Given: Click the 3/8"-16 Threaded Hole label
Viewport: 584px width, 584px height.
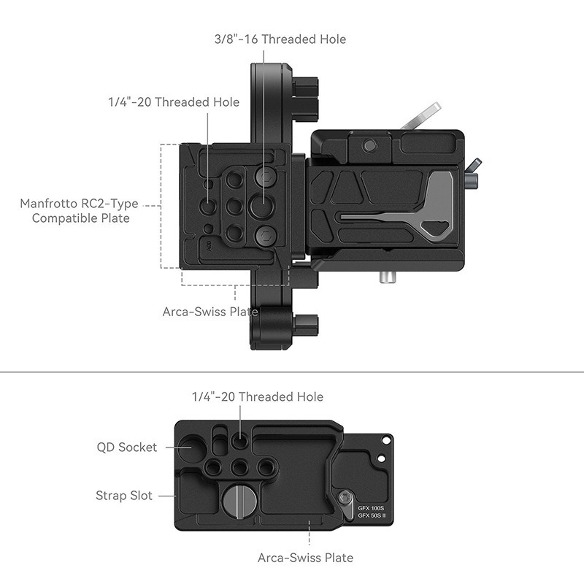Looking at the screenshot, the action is pyautogui.click(x=280, y=39).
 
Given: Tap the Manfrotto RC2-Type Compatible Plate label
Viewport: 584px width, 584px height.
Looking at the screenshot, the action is pyautogui.click(x=79, y=211).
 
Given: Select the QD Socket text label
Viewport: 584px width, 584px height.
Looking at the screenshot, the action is pyautogui.click(x=126, y=447).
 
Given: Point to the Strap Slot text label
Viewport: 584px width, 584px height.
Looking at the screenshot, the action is pyautogui.click(x=124, y=496).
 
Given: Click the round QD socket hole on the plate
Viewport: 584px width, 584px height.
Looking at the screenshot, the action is pyautogui.click(x=191, y=447).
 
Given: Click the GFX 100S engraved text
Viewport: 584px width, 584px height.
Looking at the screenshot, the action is pyautogui.click(x=371, y=508).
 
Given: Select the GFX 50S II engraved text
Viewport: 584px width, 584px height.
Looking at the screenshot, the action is pyautogui.click(x=372, y=515).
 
